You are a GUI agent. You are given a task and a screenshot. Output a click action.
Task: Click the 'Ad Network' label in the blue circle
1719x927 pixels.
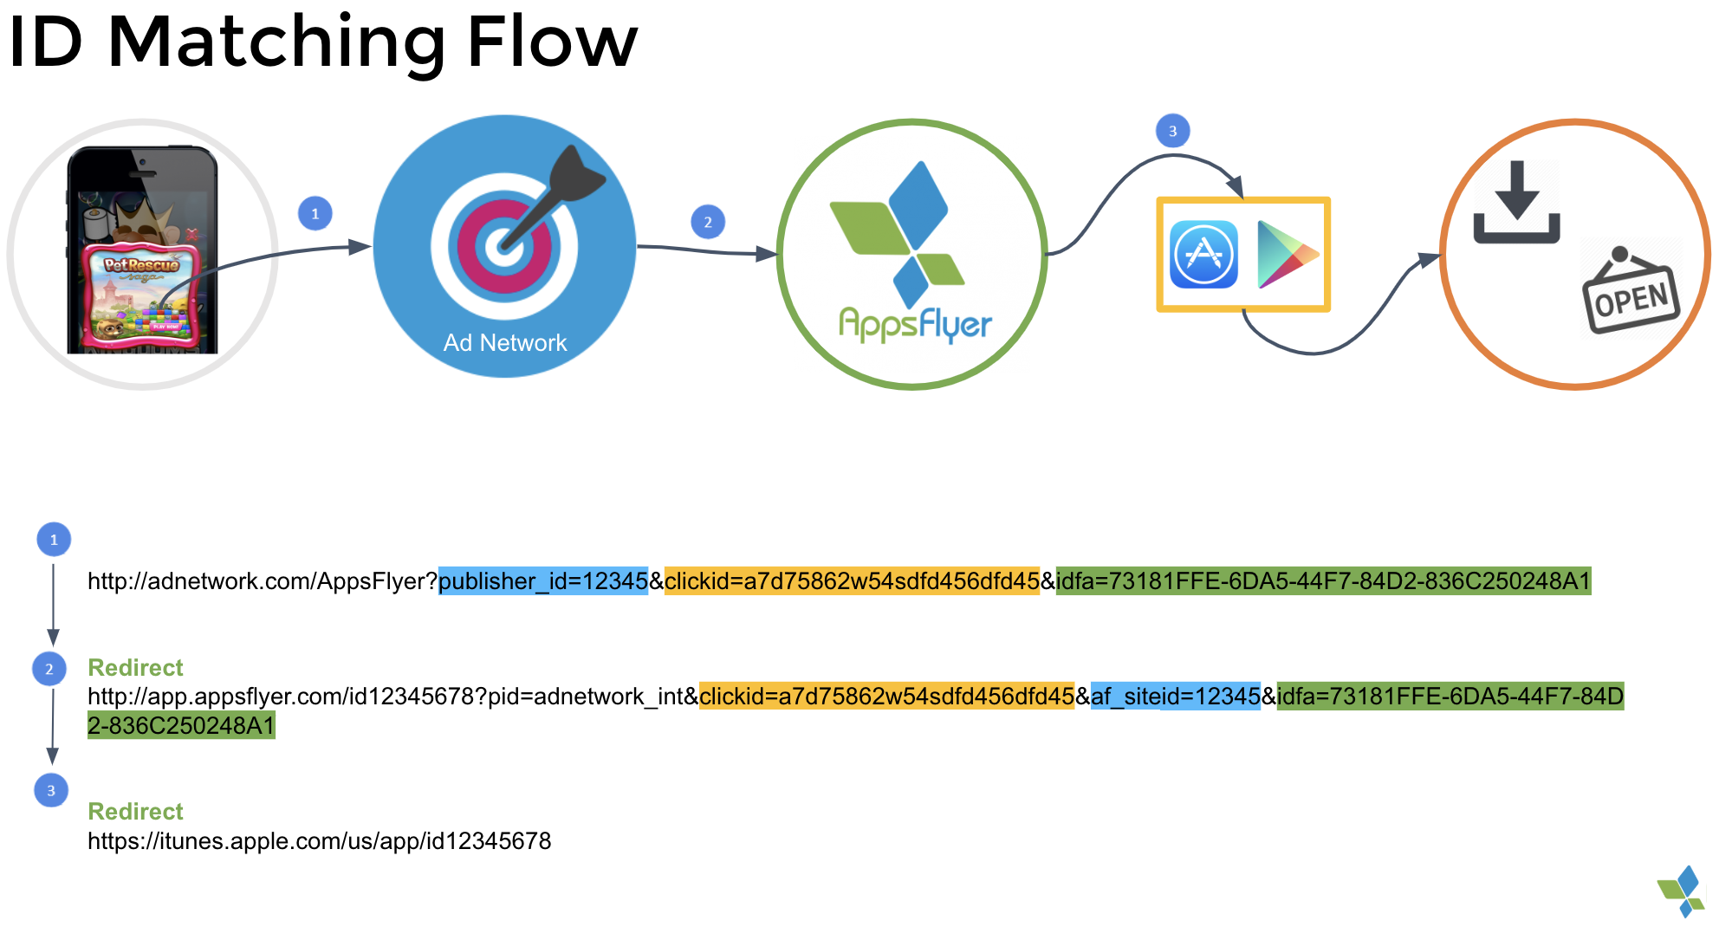click(x=505, y=343)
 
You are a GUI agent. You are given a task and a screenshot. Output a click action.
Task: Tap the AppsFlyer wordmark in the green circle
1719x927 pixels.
click(x=915, y=325)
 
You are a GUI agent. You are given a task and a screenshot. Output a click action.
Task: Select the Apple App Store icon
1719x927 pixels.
click(x=1203, y=255)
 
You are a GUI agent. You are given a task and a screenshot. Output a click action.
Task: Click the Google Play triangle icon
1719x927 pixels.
click(x=1286, y=255)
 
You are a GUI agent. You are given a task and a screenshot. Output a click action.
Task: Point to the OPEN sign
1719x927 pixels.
click(x=1631, y=297)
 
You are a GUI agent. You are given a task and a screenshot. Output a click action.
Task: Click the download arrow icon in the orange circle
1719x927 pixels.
click(x=1516, y=203)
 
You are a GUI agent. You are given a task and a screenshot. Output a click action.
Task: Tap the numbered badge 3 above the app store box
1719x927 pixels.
click(x=1172, y=132)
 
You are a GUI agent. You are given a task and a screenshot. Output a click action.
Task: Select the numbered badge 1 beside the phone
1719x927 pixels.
click(x=315, y=214)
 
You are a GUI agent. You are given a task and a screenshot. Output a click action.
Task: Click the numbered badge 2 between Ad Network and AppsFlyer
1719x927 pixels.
click(x=708, y=223)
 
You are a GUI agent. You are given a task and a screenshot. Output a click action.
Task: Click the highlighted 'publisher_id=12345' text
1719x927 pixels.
click(x=543, y=581)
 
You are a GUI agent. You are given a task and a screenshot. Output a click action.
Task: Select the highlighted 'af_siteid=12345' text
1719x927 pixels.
click(x=1175, y=697)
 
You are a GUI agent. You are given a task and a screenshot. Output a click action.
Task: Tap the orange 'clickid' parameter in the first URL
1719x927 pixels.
click(x=852, y=581)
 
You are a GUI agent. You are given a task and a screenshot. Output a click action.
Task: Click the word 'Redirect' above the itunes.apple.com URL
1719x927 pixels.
click(x=136, y=812)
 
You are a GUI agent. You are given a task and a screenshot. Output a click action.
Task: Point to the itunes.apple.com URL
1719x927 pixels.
click(x=319, y=841)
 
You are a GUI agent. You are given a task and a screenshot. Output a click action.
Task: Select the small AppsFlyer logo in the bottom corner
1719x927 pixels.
click(x=1682, y=891)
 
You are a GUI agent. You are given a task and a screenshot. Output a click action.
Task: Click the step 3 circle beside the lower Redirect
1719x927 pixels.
click(x=51, y=791)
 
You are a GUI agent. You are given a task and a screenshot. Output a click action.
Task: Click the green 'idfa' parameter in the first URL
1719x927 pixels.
click(x=1323, y=581)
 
